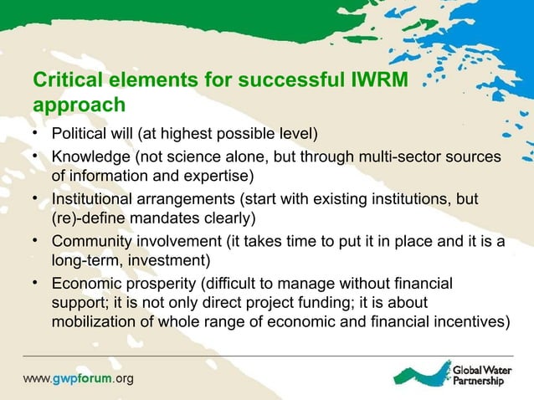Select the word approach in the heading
pyautogui.click(x=79, y=106)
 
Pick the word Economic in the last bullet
pyautogui.click(x=86, y=285)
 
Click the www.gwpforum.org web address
pyautogui.click(x=78, y=378)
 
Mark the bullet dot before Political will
pyautogui.click(x=36, y=134)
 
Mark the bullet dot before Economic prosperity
pyautogui.click(x=36, y=282)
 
